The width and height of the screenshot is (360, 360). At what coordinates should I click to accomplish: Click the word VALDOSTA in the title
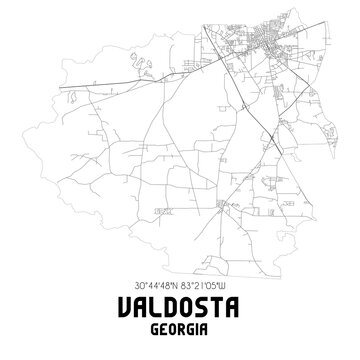click(x=180, y=305)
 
